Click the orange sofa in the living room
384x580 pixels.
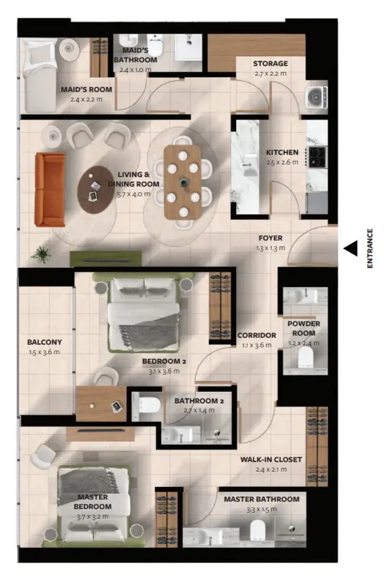click(50, 189)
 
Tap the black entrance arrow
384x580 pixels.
click(351, 248)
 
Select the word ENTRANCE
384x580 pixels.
click(370, 248)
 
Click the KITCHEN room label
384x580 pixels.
click(282, 152)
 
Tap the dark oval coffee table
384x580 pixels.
click(95, 190)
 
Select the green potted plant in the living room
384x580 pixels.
click(41, 254)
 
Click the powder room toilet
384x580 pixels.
click(306, 357)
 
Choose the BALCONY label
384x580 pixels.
click(44, 342)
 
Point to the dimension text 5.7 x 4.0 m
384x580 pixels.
click(133, 194)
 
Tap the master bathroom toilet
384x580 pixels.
click(258, 530)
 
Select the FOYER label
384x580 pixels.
click(270, 238)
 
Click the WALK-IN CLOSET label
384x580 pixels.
click(271, 459)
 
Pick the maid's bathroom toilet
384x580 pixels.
click(154, 45)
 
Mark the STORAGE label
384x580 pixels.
click(270, 63)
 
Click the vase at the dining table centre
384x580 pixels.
click(184, 182)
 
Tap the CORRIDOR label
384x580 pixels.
click(257, 335)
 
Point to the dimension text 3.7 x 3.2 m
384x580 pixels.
click(93, 517)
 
